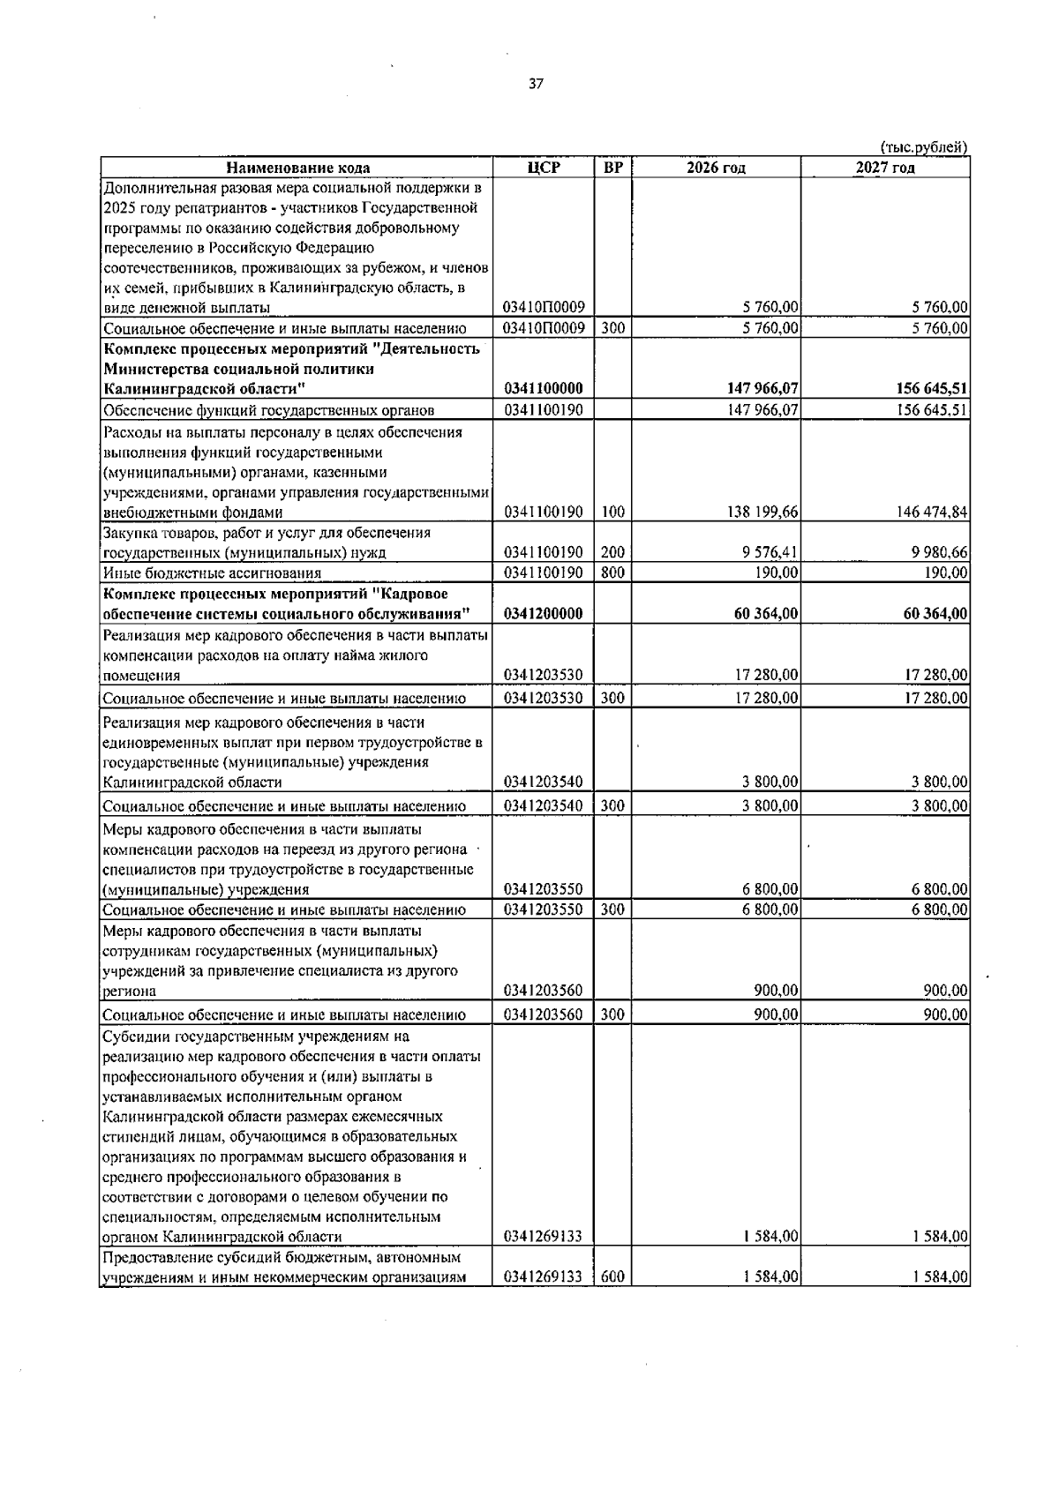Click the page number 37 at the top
pos(536,85)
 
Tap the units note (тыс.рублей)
pos(924,147)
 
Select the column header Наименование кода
pos(297,168)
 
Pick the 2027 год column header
pos(884,168)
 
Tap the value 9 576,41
pos(771,553)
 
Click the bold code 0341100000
pos(543,389)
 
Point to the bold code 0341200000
pos(543,614)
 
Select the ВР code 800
pos(613,573)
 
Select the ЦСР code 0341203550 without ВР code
pos(543,890)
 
